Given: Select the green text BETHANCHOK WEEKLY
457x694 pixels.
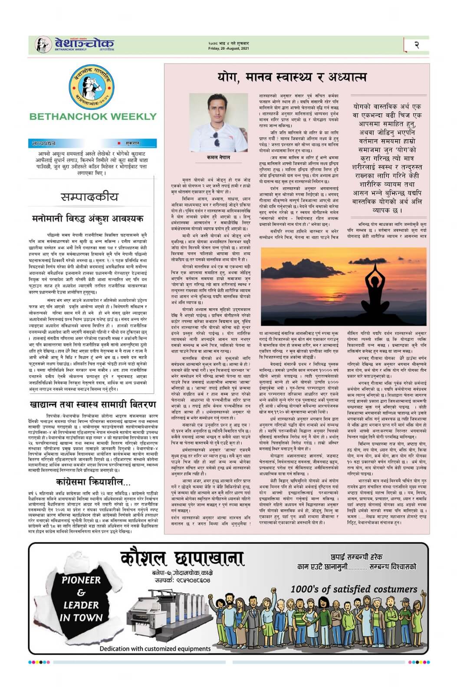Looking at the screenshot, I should click(93, 116).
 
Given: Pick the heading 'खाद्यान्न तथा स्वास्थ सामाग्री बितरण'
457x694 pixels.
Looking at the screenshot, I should click(93, 405).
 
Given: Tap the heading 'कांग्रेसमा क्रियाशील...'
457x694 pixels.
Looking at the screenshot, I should click(93, 482).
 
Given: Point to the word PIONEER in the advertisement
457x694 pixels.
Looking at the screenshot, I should click(81, 580).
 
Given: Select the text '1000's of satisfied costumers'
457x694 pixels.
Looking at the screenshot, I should click(354, 589).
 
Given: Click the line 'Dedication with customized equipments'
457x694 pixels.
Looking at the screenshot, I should click(155, 649).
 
